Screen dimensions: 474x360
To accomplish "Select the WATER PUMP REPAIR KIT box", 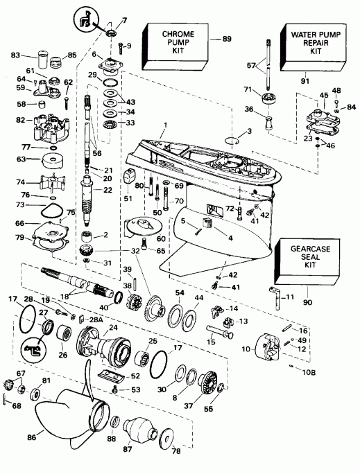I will [x=309, y=43].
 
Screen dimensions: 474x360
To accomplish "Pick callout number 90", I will [x=304, y=302].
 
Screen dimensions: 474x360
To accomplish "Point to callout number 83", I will [x=15, y=55].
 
